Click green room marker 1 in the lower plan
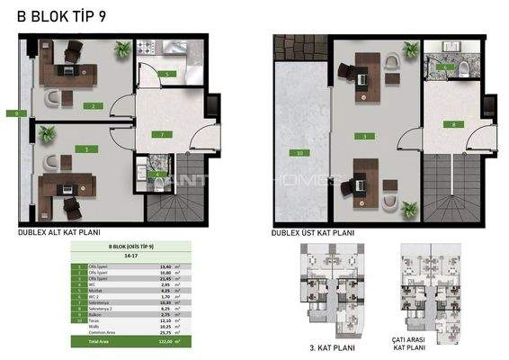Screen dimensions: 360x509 click(x=86, y=148)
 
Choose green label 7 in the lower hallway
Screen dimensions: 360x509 click(x=160, y=134)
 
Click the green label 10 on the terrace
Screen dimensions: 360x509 click(x=299, y=153)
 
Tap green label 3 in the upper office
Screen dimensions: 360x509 click(x=364, y=136)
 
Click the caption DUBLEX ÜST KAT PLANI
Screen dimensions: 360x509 click(x=314, y=231)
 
